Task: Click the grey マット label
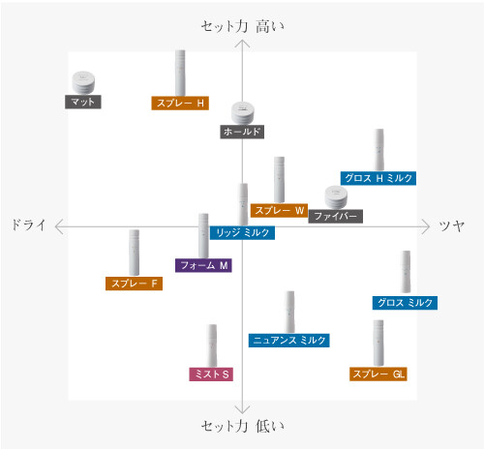[83, 102]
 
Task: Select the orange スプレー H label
[180, 104]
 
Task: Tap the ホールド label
[242, 132]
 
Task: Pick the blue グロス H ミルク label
[378, 178]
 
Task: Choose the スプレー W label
[279, 211]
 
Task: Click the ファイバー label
[336, 216]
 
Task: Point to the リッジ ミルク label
[242, 233]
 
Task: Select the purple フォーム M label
[203, 265]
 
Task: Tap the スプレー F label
[134, 284]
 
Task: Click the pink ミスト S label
[211, 374]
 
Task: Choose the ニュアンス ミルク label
[289, 341]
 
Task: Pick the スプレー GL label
[378, 374]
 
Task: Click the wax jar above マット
[83, 82]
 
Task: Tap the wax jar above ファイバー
[336, 197]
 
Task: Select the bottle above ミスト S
[212, 345]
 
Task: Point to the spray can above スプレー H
[180, 73]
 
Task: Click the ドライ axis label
[28, 224]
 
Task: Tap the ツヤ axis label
[452, 225]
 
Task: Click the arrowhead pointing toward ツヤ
[426, 226]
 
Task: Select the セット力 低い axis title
[243, 427]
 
